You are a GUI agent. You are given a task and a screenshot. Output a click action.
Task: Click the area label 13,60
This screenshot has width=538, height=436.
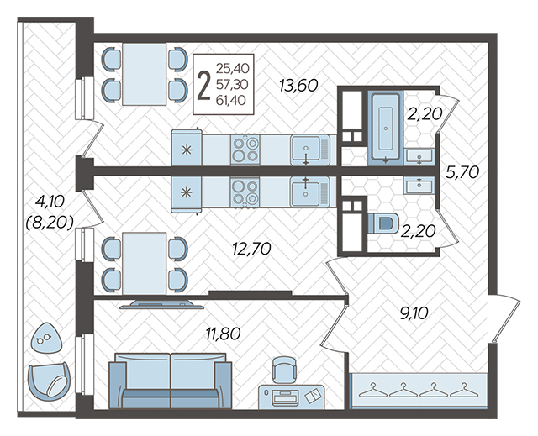(298, 86)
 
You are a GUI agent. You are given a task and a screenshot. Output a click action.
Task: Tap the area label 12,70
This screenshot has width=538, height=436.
(251, 249)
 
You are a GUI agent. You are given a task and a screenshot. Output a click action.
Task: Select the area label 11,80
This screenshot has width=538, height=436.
(223, 334)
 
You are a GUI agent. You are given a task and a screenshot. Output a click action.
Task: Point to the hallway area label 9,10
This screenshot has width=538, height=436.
(414, 313)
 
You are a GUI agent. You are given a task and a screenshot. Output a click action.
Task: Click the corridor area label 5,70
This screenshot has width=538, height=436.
(462, 172)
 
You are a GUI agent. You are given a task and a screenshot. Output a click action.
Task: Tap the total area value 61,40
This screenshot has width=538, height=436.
(231, 100)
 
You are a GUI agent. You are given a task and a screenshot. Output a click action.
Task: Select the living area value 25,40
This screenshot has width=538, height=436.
(232, 69)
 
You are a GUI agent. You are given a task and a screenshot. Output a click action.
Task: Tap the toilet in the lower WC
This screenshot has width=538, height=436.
(384, 223)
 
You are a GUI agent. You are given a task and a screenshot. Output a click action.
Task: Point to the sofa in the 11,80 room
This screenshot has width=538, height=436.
(171, 381)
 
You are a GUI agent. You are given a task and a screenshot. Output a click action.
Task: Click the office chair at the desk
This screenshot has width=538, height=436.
(284, 370)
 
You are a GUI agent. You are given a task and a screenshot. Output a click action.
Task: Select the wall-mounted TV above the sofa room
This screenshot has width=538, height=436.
(161, 304)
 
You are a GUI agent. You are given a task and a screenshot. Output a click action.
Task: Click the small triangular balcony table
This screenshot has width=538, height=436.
(46, 338)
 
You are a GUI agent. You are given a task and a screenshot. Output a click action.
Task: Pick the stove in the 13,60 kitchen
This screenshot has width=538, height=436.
(245, 149)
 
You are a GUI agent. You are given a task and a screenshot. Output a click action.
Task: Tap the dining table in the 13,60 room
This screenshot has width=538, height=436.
(144, 74)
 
